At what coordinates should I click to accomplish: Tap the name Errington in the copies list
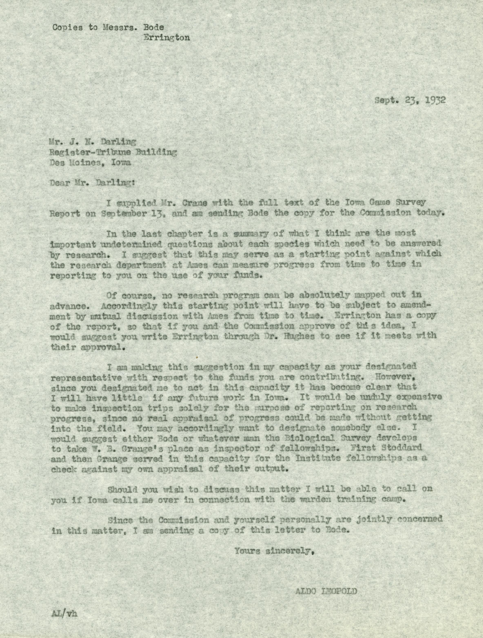click(x=167, y=38)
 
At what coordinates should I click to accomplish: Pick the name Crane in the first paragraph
click(x=194, y=203)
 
